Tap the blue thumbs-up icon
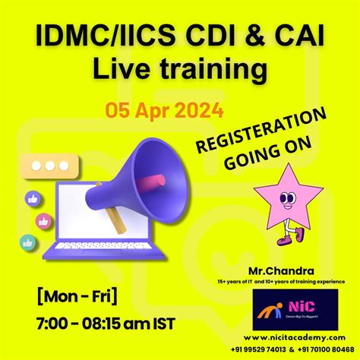pos(33,199)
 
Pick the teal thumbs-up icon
pos(27,243)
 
